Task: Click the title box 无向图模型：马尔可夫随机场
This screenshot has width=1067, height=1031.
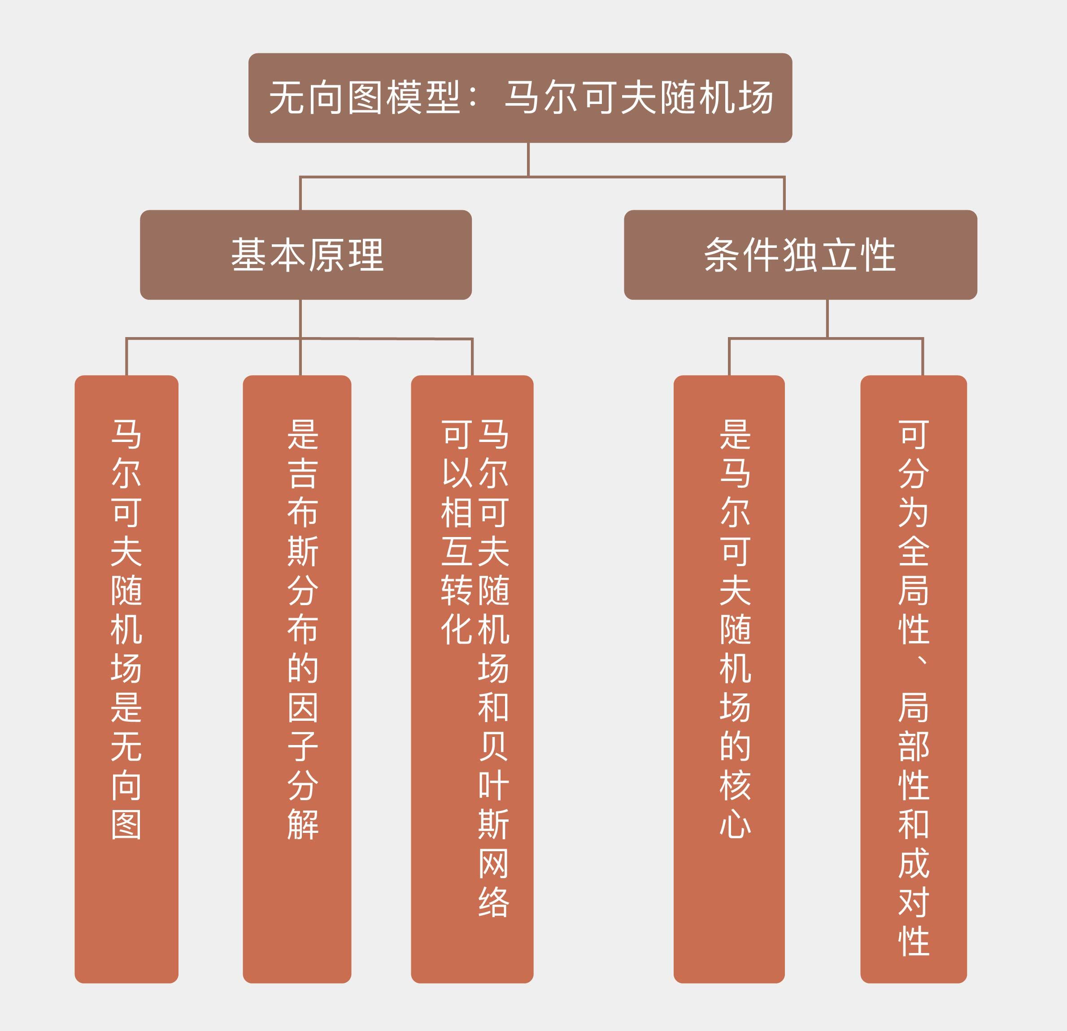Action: click(520, 98)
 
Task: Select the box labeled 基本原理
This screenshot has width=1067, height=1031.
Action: click(305, 255)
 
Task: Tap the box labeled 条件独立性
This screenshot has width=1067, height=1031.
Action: click(800, 255)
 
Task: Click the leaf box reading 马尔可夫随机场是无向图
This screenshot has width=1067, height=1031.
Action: click(126, 680)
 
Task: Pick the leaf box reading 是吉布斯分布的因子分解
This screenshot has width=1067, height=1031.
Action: click(297, 680)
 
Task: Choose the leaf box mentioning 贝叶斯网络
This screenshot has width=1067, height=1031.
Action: click(472, 680)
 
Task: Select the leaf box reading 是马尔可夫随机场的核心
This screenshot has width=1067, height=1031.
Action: click(729, 680)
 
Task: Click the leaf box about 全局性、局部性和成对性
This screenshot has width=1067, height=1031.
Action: click(914, 680)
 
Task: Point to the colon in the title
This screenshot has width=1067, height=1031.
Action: click(473, 98)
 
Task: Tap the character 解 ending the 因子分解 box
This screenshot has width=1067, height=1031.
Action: click(303, 825)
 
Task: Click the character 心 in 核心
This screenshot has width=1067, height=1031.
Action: click(736, 824)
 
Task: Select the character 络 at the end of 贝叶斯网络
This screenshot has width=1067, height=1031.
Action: click(493, 902)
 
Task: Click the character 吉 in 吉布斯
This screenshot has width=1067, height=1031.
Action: click(303, 473)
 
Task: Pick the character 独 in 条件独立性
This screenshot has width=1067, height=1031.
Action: click(800, 255)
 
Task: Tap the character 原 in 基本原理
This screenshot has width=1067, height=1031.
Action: click(326, 255)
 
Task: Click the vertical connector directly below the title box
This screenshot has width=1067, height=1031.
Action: click(528, 160)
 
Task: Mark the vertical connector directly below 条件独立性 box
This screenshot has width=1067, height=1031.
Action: click(827, 318)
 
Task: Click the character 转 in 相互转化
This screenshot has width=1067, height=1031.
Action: click(457, 590)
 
